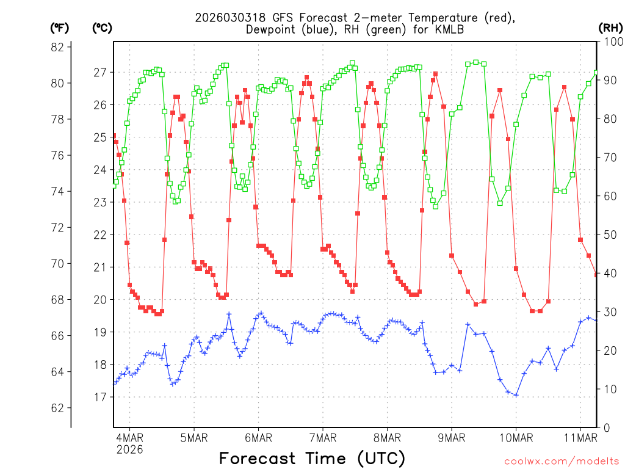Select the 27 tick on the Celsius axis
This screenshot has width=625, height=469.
(99, 72)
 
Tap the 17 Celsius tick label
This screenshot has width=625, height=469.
(99, 398)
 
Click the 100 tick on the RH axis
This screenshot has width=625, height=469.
(610, 42)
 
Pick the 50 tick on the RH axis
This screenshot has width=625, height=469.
(610, 234)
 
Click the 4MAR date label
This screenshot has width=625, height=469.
(129, 437)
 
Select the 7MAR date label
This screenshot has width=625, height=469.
(323, 437)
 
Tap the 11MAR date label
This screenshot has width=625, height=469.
(580, 437)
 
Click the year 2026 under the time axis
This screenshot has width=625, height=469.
(129, 449)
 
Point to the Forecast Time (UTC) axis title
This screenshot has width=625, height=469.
(312, 459)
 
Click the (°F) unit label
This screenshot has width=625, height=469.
(59, 27)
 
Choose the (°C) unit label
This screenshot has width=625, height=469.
(103, 27)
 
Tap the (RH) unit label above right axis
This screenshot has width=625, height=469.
(610, 27)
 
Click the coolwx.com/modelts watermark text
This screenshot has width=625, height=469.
(561, 460)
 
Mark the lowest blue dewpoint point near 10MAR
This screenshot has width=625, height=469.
(516, 395)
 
